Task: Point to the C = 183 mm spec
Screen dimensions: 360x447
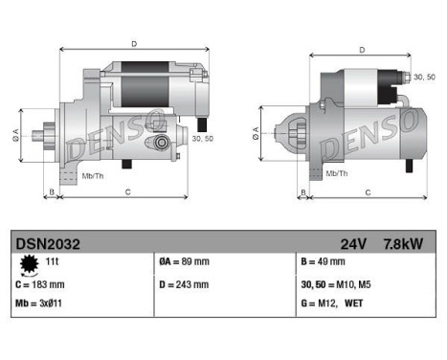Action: click(40, 284)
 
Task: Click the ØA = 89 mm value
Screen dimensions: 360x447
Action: click(184, 261)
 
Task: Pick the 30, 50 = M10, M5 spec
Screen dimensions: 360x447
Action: click(342, 284)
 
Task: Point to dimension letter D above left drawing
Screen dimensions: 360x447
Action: click(133, 43)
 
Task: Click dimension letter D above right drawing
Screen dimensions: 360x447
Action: click(361, 50)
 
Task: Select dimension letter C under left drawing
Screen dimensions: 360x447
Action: click(127, 192)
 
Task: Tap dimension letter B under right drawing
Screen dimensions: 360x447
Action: click(303, 192)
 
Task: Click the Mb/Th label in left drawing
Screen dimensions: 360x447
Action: click(94, 177)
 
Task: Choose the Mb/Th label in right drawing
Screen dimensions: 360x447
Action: click(336, 173)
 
